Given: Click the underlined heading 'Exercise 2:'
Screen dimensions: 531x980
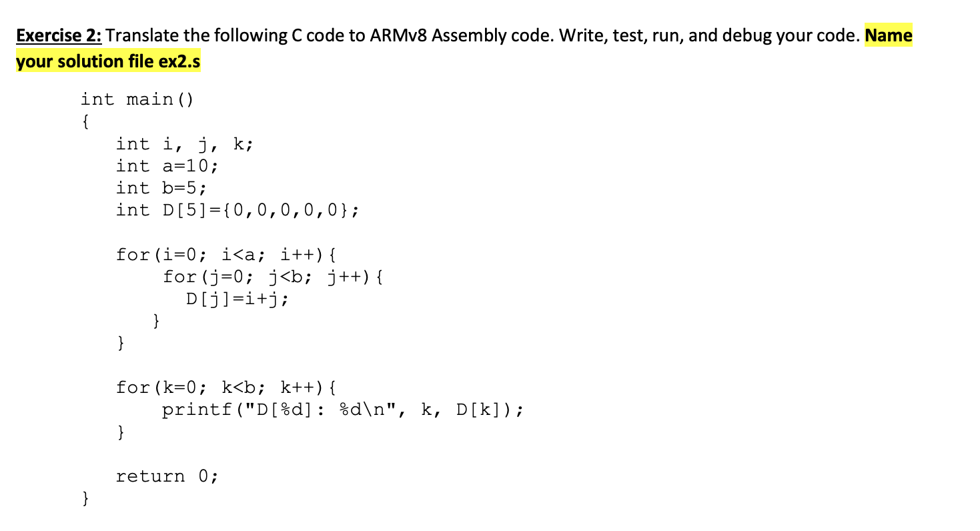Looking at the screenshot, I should pos(58,36).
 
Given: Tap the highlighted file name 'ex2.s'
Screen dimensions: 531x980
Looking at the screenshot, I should pos(179,62).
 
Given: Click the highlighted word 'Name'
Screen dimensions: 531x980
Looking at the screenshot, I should pos(888,36).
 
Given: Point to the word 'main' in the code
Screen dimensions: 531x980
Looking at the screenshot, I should pos(149,100).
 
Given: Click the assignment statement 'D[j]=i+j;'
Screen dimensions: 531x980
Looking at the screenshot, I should pos(237,299).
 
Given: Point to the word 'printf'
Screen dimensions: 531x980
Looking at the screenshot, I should pos(196,410).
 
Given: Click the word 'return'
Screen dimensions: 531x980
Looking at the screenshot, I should pos(150,476).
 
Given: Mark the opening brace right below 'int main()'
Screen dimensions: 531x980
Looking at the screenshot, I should pos(85,122).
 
